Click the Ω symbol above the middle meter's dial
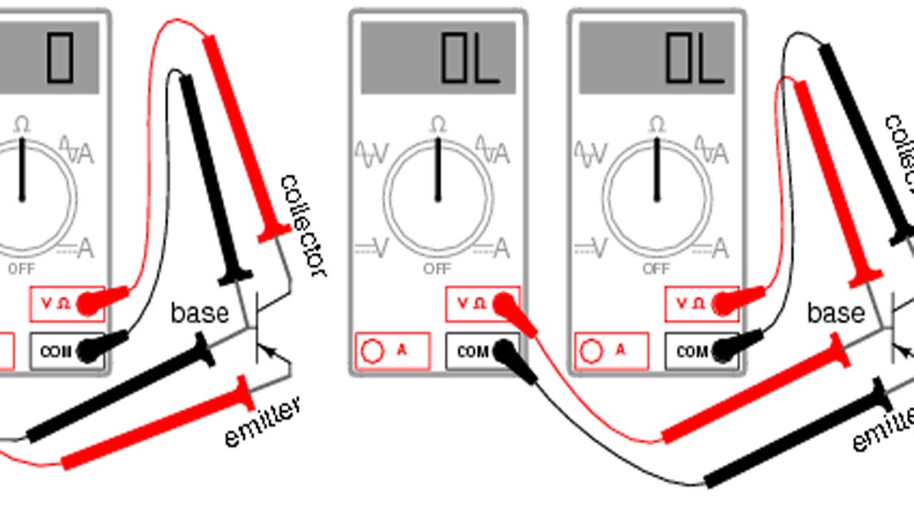[438, 125]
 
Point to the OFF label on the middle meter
[437, 269]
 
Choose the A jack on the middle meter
[373, 351]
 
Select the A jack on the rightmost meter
[592, 351]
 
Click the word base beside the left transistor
[200, 313]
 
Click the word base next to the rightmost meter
[836, 313]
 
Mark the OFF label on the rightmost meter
[656, 269]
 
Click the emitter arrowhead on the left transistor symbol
[267, 350]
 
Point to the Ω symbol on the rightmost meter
[656, 125]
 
